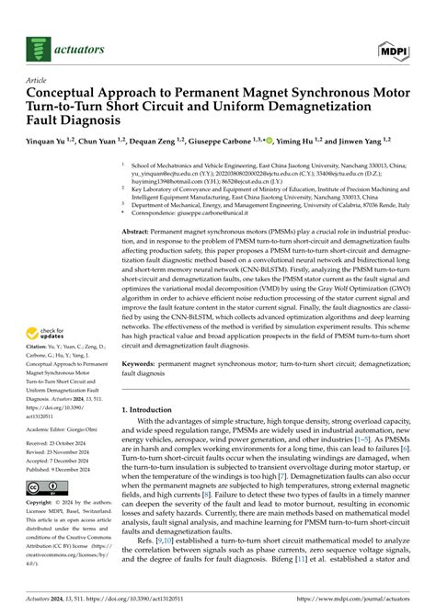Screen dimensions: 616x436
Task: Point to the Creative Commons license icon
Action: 47,486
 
